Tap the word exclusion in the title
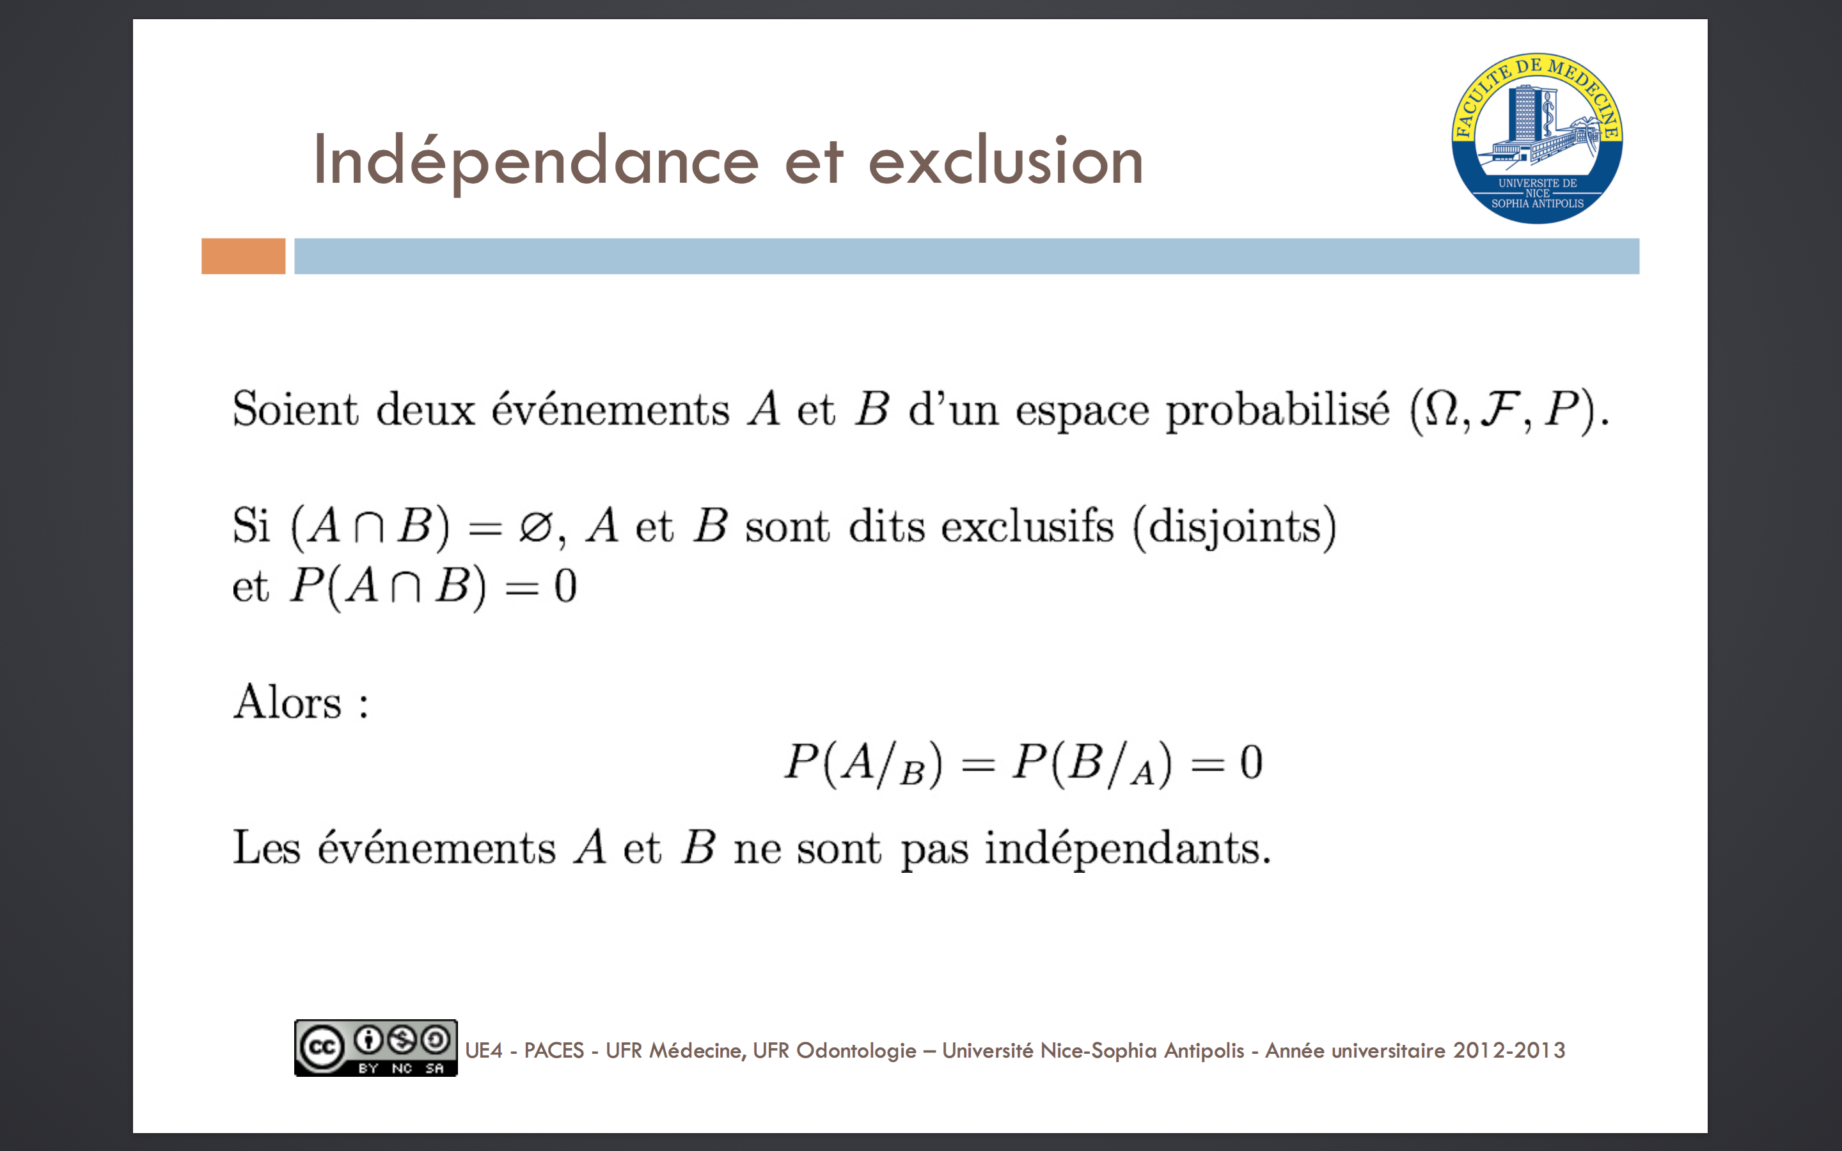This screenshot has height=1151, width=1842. [1005, 161]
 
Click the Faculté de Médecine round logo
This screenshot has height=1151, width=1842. [1537, 139]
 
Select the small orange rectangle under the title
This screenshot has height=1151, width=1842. [244, 256]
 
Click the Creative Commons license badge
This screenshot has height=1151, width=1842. [376, 1048]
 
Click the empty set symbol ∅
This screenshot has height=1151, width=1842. [535, 527]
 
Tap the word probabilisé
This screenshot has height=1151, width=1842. [1278, 411]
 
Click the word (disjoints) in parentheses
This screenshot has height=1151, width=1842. [1234, 528]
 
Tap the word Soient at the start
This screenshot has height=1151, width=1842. [295, 409]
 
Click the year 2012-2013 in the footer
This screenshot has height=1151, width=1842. [1509, 1051]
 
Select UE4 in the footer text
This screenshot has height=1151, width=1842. [484, 1051]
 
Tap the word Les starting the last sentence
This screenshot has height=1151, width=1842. [267, 848]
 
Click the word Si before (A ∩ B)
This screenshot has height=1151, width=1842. [251, 526]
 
